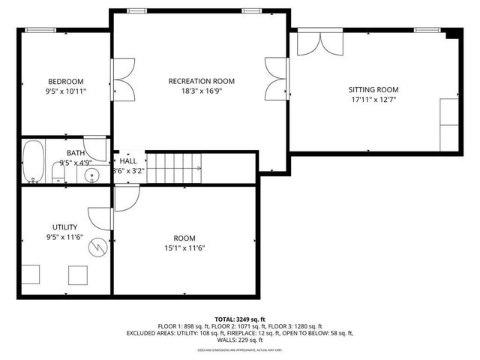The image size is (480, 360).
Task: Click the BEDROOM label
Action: [x=66, y=81]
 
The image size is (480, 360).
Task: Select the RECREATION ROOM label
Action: [x=202, y=81]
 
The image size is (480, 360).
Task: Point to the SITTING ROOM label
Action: [x=373, y=88]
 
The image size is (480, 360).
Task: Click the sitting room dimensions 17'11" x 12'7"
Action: [x=373, y=98]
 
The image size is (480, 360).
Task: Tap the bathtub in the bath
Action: [x=32, y=161]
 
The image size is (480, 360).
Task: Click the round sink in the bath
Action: [x=91, y=176]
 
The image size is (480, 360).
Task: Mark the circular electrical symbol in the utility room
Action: [x=98, y=247]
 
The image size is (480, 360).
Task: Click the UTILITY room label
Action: [x=64, y=226]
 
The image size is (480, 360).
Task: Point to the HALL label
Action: [x=128, y=160]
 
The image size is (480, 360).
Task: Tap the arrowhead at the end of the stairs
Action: [x=199, y=169]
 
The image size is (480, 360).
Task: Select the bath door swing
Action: [x=95, y=145]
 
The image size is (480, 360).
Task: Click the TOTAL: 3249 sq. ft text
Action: [x=239, y=319]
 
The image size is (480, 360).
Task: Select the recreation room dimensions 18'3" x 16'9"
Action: [x=202, y=91]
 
